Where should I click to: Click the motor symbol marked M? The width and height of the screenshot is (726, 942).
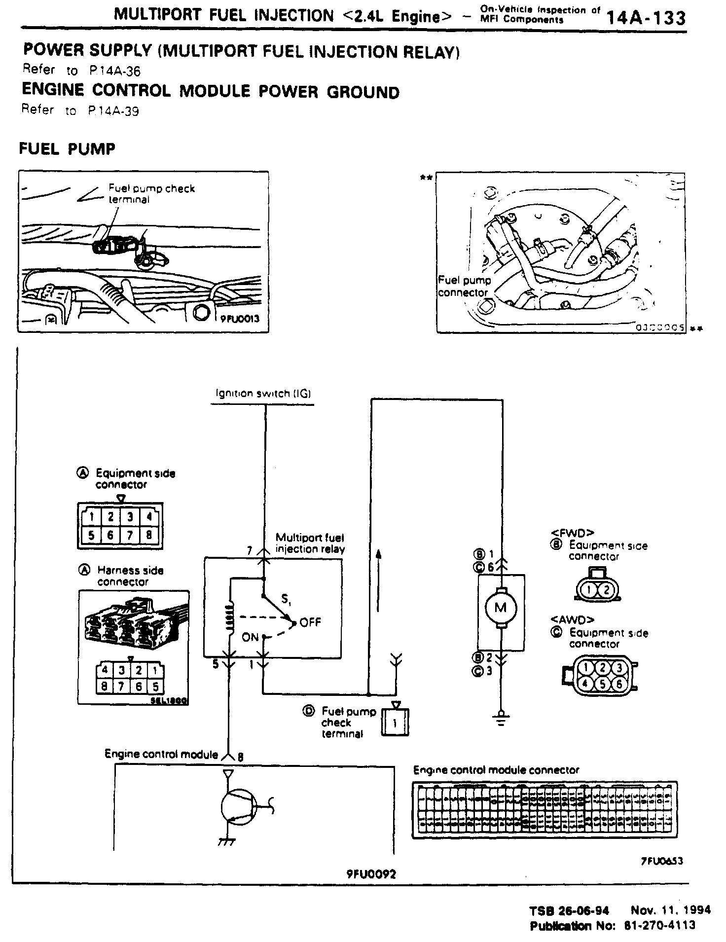[501, 608]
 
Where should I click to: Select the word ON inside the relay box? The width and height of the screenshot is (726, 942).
[250, 637]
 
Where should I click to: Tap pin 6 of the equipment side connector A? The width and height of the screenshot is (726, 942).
[110, 535]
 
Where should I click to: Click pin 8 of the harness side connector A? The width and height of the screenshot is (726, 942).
[105, 686]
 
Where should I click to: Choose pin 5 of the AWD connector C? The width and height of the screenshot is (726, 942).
[603, 684]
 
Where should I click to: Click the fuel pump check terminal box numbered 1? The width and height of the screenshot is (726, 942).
[395, 724]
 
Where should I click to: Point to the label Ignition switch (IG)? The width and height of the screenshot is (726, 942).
[263, 394]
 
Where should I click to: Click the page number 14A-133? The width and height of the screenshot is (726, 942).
[646, 18]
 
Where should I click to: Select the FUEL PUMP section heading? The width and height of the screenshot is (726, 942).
[67, 148]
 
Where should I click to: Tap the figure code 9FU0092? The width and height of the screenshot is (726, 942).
[371, 874]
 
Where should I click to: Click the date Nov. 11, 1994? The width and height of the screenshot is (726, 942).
[670, 910]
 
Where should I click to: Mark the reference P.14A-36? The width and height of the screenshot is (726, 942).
[115, 72]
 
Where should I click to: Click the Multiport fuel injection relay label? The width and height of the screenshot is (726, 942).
[310, 543]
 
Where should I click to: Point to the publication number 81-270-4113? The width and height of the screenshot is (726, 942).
[660, 925]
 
